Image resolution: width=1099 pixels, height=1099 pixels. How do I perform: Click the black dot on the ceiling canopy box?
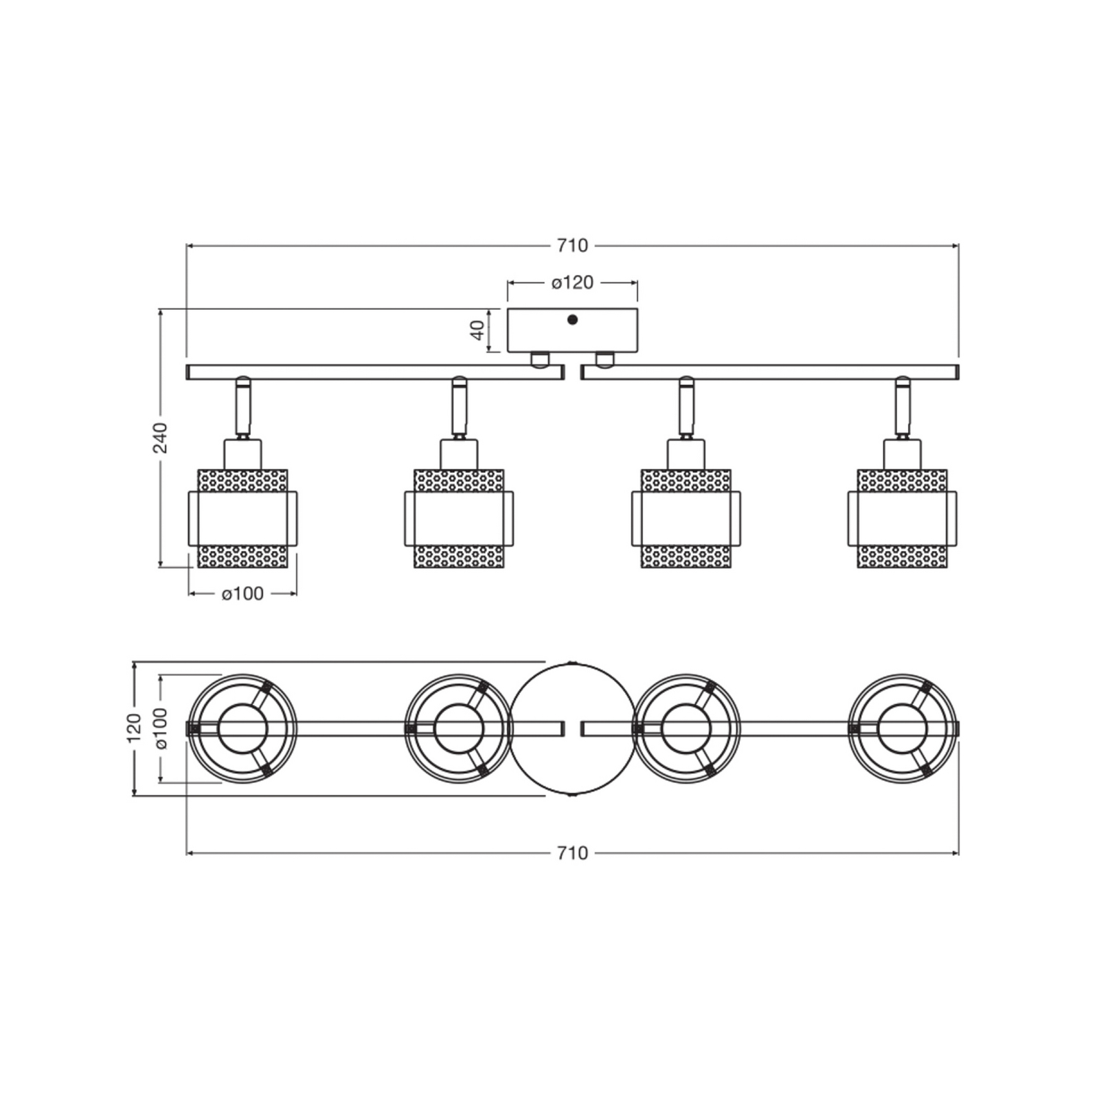tap(572, 319)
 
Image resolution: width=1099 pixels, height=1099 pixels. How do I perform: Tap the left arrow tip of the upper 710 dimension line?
tap(187, 245)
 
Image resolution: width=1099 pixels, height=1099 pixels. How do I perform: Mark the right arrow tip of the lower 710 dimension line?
tap(958, 852)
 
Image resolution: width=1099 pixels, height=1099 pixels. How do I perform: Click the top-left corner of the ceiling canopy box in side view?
tap(508, 309)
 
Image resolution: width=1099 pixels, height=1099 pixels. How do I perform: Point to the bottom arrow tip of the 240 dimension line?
tap(160, 567)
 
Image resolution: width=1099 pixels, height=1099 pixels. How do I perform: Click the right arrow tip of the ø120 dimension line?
tap(637, 282)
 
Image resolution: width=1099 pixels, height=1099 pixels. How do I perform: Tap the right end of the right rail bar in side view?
tap(958, 372)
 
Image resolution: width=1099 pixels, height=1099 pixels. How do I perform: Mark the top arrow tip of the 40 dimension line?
tap(489, 310)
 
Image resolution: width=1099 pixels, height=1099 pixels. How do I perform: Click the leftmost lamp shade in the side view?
tap(242, 519)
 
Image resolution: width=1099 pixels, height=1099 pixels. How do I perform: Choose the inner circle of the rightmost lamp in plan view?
tap(902, 728)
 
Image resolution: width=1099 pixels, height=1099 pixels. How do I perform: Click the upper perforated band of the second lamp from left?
tap(459, 481)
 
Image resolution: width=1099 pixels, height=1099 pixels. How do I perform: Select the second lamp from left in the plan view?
tap(459, 728)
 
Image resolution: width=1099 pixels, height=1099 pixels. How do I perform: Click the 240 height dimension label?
tap(160, 438)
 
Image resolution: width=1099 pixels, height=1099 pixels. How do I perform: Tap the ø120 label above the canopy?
tap(572, 282)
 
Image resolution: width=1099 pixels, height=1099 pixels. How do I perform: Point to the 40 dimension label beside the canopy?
tap(477, 330)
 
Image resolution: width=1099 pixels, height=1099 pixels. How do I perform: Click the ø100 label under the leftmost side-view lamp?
tap(242, 593)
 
